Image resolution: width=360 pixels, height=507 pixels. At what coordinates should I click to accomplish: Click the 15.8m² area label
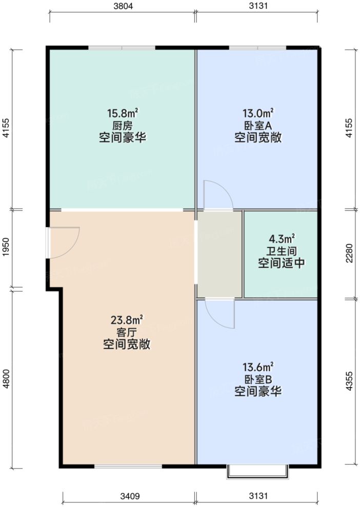pos(123,113)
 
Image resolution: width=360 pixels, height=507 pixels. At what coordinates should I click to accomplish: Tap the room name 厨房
pos(123,126)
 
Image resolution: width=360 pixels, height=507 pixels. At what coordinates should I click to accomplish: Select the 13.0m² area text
pos(258,113)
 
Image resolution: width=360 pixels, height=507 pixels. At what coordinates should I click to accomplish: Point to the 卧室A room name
pos(258,126)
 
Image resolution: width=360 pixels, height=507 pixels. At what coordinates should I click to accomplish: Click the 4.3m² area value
pos(282,239)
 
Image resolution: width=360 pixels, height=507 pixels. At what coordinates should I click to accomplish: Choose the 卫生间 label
pos(282,251)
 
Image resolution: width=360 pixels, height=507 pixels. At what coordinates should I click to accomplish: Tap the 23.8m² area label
pos(126,320)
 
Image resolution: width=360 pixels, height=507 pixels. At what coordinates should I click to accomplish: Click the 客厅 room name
pos(126,333)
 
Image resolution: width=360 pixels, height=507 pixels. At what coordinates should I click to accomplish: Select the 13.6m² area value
pos(258,367)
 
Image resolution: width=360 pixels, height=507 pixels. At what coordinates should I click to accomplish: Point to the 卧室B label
pos(258,380)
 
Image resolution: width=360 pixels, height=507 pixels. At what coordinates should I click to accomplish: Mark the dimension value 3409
pos(129,496)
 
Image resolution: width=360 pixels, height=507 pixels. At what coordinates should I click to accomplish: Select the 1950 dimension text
pos(6,249)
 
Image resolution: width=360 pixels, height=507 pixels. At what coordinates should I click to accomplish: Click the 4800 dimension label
pos(6,379)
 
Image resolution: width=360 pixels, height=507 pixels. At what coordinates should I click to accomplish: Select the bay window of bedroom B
pos(258,471)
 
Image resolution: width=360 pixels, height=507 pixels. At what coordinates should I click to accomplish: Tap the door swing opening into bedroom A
pos(217,195)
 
